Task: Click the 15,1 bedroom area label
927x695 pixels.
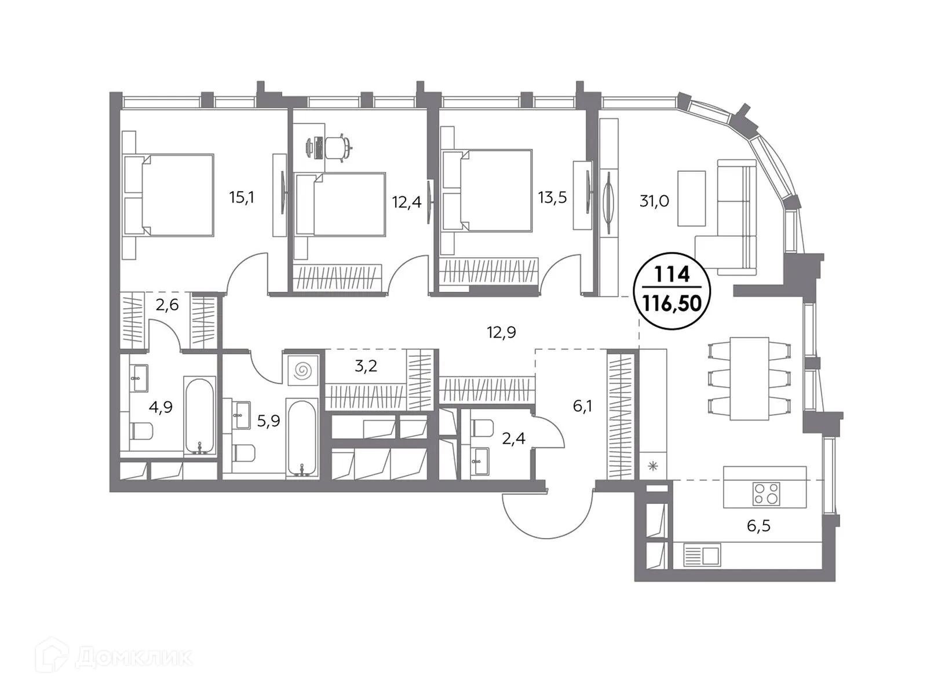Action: click(x=242, y=197)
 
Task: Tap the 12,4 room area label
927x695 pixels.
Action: click(x=406, y=203)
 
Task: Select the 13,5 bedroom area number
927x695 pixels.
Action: click(x=552, y=197)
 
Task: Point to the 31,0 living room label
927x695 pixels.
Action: click(x=654, y=201)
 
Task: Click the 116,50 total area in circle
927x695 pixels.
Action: click(x=673, y=303)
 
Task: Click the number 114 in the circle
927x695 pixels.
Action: click(x=673, y=273)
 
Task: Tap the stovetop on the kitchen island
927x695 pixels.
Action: click(x=766, y=494)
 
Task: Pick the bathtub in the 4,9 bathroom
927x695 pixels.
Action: click(x=200, y=415)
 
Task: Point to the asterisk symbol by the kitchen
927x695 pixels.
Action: click(x=653, y=466)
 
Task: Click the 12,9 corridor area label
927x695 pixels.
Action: click(x=501, y=332)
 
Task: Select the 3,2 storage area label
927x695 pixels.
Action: click(x=366, y=366)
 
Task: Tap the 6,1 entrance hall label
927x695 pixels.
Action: click(x=582, y=406)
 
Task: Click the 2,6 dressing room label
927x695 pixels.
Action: click(x=167, y=305)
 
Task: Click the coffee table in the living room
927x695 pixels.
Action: click(x=691, y=198)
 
